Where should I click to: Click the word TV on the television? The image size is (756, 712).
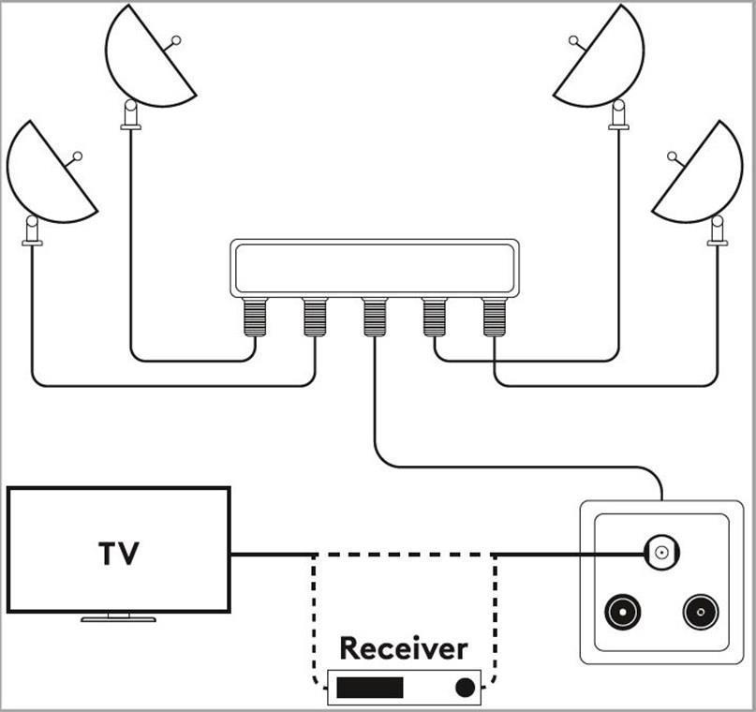[119, 553]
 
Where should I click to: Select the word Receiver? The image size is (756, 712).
[403, 647]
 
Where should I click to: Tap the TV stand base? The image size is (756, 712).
[118, 618]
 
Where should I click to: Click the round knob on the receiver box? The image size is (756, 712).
[464, 688]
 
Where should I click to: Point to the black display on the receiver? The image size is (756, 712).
[370, 688]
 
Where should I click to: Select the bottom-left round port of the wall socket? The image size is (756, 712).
[619, 613]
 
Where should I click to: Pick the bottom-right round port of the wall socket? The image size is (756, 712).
[700, 613]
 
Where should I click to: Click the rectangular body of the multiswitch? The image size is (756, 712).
[374, 268]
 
